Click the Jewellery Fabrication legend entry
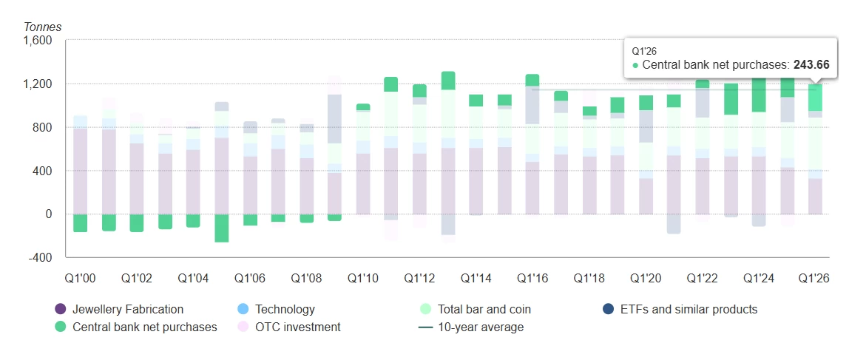click(119, 310)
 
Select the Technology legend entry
click(276, 310)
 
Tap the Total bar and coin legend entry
click(476, 310)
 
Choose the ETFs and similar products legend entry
click(680, 310)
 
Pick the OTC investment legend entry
click(289, 327)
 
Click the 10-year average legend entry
click(472, 327)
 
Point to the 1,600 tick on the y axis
click(38, 41)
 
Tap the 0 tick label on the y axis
click(48, 214)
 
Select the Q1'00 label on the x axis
click(80, 278)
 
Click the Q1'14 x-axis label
click(476, 278)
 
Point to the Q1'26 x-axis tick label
click(814, 278)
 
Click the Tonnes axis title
click(43, 27)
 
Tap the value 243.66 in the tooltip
click(811, 64)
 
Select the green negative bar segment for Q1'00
click(80, 223)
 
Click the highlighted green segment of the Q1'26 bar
click(815, 98)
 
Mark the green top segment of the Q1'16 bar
click(532, 80)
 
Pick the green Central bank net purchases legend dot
click(61, 327)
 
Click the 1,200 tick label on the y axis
click(38, 84)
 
